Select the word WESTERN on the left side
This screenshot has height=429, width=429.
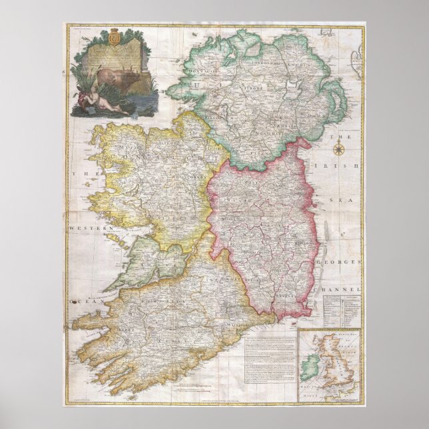(x=82, y=228)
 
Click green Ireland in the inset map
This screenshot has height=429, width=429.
(x=310, y=366)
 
